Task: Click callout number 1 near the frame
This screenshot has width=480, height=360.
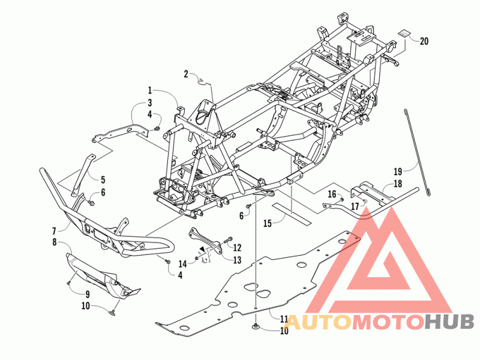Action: [150, 90]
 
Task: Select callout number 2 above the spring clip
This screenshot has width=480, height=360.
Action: [186, 74]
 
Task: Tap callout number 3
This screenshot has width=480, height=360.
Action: [150, 103]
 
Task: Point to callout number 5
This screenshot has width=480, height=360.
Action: [103, 179]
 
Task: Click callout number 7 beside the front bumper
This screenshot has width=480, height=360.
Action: [54, 230]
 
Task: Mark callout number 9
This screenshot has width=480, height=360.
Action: [88, 294]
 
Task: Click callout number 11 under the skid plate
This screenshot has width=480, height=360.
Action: [284, 319]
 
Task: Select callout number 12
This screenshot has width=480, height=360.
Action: [237, 247]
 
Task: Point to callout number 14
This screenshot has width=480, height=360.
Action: [182, 263]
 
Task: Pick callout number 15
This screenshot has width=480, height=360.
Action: [268, 223]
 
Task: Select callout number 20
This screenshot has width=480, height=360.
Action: [425, 41]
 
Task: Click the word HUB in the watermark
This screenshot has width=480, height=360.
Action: [450, 322]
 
